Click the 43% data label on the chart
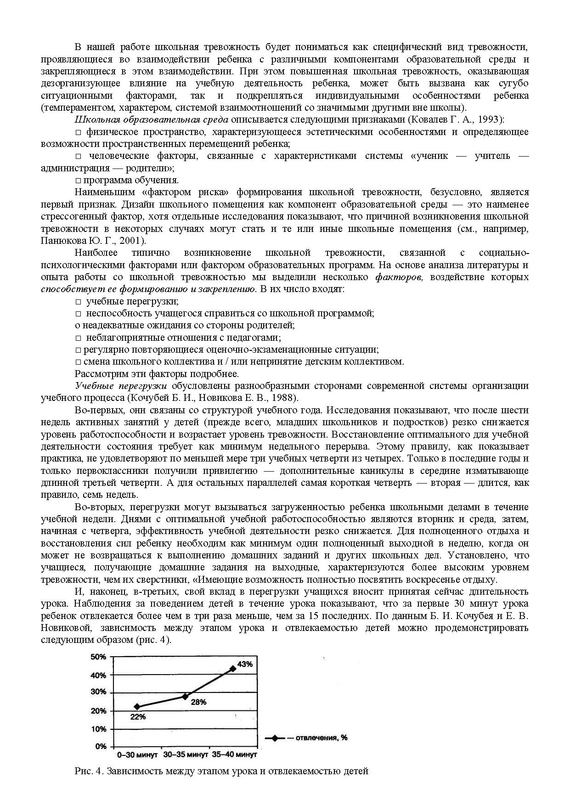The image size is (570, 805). [x=245, y=664]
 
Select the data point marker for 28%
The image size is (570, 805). [x=185, y=696]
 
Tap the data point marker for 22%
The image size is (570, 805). [x=137, y=707]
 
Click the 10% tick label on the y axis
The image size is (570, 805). [x=99, y=729]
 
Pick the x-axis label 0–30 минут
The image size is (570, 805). [x=138, y=754]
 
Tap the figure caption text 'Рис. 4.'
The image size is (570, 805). [x=90, y=771]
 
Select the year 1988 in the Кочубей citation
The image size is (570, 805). [x=284, y=398]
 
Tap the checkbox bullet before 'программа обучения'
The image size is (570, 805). [x=78, y=180]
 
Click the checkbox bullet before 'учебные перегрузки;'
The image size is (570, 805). [x=78, y=302]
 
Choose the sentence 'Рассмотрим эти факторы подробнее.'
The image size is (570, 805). [x=157, y=373]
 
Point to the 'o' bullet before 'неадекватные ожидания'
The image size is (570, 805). [x=77, y=326]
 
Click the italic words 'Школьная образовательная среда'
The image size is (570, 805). [x=151, y=120]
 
